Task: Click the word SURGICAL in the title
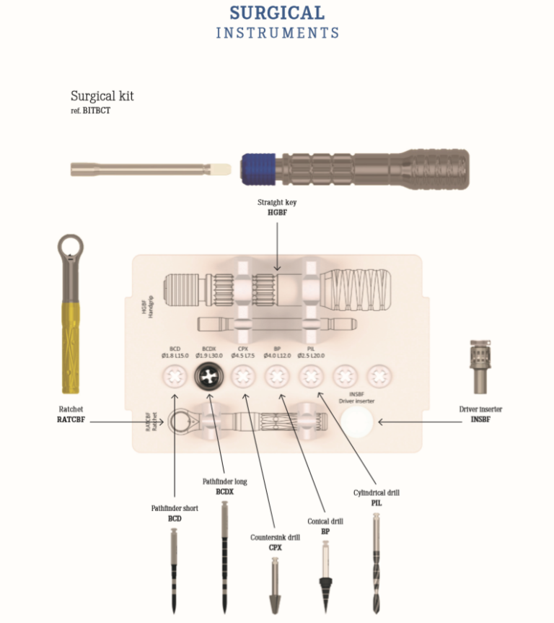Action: (x=277, y=13)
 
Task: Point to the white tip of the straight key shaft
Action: (x=221, y=170)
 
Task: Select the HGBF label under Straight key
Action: (x=277, y=212)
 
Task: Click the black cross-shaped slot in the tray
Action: (x=210, y=375)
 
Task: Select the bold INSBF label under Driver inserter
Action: (x=480, y=419)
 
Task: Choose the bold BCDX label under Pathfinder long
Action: (x=225, y=491)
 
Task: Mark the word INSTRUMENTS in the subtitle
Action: (x=277, y=33)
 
